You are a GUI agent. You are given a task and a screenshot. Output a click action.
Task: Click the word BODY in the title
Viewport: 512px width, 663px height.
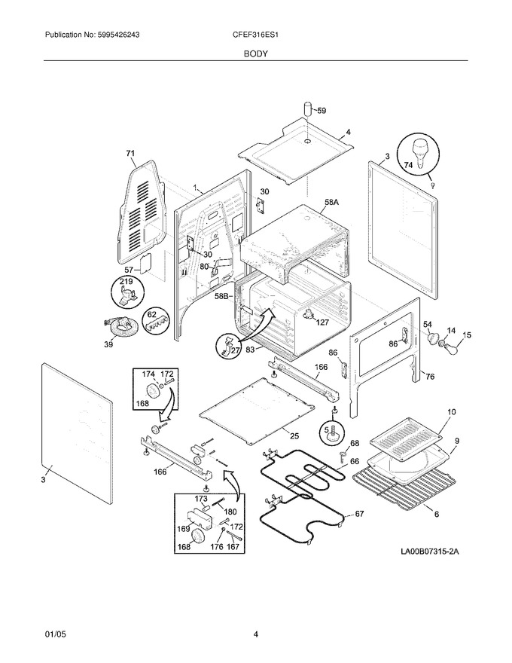coord(255,53)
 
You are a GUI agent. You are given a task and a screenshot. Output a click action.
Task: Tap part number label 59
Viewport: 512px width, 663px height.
coord(322,111)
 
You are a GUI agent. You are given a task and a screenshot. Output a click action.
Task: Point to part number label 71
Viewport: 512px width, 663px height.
coord(130,153)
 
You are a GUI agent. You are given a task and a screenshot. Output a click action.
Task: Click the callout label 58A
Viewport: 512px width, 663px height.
coord(331,203)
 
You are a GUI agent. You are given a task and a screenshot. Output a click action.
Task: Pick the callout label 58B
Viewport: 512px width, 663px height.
coord(222,296)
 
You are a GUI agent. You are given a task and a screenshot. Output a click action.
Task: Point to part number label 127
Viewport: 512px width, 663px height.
coord(322,322)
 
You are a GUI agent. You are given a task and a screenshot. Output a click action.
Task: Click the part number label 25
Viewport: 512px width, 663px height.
coord(294,435)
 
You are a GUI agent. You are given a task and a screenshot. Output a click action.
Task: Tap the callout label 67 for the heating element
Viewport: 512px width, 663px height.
coord(359,514)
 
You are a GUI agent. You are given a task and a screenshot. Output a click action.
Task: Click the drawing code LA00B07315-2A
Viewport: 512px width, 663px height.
coord(430,551)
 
